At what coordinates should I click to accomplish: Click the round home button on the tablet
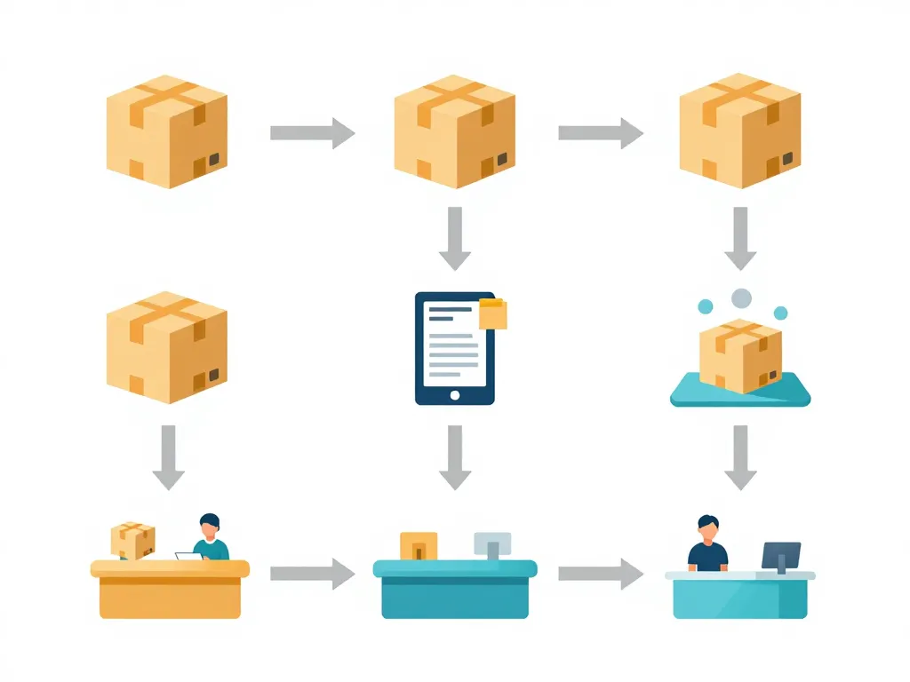[455, 394]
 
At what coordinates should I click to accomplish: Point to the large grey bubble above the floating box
[740, 298]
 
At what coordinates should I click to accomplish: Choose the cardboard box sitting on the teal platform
[740, 353]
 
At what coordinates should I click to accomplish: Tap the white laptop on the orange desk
[188, 557]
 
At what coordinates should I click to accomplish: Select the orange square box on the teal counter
[419, 545]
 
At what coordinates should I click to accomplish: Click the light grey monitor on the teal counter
[492, 543]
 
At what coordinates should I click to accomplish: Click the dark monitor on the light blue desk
[780, 556]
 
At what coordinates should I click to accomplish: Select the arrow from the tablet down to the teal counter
[455, 457]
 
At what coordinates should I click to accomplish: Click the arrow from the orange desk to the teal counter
[312, 574]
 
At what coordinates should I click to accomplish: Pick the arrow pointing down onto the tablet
[455, 238]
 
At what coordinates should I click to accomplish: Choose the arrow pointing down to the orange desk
[168, 457]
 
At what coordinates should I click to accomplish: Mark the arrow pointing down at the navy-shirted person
[740, 457]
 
